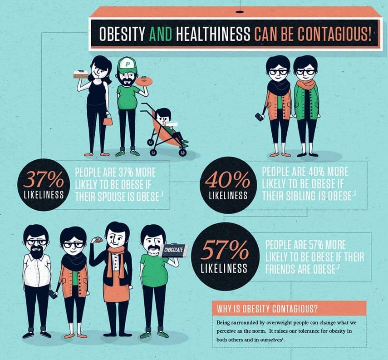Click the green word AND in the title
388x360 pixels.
[x=161, y=34]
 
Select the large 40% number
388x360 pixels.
[x=228, y=179]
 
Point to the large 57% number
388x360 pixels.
[x=225, y=250]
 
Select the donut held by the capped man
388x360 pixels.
[x=144, y=81]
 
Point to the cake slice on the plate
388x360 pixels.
[x=81, y=74]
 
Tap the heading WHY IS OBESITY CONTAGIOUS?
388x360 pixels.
[x=267, y=309]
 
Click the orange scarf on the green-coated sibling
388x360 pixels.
[x=306, y=85]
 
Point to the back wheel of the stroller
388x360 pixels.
[x=182, y=152]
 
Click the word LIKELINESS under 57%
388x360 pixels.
[x=224, y=268]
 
